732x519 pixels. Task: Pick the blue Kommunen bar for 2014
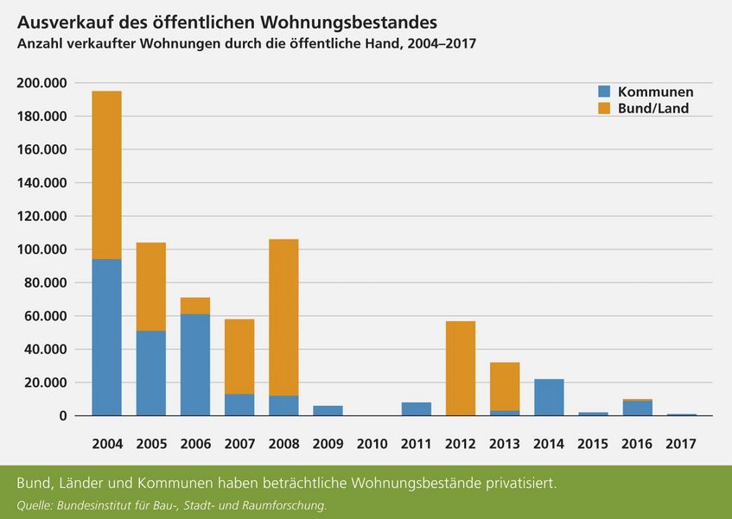tap(549, 397)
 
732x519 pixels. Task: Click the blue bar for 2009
tap(328, 410)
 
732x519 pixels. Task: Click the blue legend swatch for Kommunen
tap(604, 92)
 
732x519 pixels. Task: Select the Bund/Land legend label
tap(653, 109)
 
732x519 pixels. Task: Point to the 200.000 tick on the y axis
tap(42, 83)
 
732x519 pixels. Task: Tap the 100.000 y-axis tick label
tap(42, 250)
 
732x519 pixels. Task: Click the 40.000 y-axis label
tap(47, 349)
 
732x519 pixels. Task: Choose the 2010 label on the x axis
tap(372, 444)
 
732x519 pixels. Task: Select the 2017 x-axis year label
tap(681, 444)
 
